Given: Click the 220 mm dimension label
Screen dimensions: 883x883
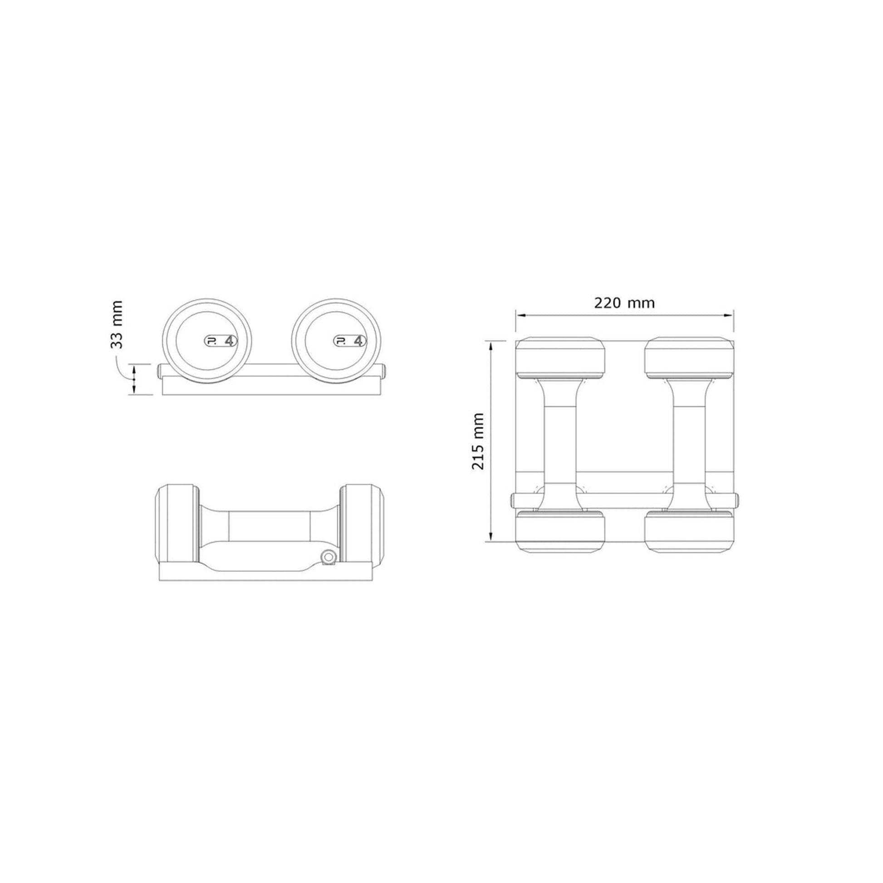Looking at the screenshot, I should [624, 303].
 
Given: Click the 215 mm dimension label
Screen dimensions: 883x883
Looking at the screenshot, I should [478, 441].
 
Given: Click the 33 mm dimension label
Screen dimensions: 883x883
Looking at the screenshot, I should [117, 324].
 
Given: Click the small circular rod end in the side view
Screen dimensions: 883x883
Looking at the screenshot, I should [328, 557].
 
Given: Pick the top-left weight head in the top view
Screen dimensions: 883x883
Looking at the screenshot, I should [560, 358].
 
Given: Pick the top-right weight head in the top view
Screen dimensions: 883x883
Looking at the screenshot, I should [689, 358].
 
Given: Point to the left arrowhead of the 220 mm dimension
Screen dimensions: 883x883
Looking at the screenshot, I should [520, 315].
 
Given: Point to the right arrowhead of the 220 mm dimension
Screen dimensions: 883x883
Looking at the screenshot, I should [730, 315].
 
